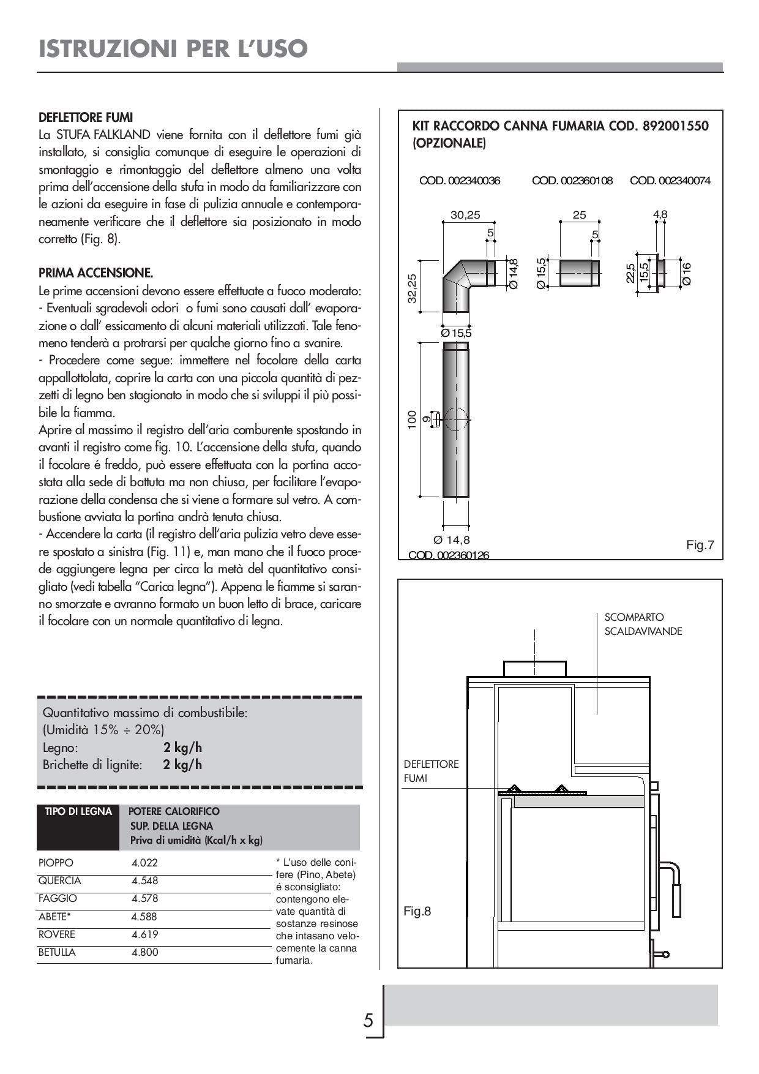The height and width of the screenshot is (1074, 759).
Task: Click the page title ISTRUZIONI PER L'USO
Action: (173, 48)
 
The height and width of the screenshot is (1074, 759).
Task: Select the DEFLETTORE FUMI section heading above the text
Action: (86, 117)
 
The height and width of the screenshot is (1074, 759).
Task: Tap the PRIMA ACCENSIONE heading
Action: (95, 272)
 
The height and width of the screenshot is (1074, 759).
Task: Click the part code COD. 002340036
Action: (459, 181)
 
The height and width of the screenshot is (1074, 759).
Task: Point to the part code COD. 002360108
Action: (572, 181)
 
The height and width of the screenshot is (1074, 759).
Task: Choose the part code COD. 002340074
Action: (670, 181)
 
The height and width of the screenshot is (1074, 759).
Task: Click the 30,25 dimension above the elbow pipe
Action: (465, 215)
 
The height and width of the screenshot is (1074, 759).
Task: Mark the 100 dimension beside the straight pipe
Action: (412, 419)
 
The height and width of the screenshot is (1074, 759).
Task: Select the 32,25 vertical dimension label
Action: (412, 288)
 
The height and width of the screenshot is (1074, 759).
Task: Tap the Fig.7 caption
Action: (700, 544)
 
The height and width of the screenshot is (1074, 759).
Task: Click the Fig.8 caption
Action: (417, 911)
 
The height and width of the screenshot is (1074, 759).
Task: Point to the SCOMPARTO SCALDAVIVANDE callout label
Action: (643, 624)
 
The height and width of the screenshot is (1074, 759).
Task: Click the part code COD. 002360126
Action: (449, 555)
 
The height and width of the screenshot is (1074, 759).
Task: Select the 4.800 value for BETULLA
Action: (144, 952)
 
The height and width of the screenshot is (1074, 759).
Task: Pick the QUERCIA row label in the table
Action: (59, 881)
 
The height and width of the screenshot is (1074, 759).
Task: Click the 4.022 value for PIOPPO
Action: (144, 863)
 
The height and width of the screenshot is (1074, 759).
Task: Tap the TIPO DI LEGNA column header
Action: (78, 811)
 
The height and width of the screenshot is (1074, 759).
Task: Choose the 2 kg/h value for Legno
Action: (182, 747)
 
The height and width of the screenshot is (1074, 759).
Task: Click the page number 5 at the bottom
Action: (368, 1021)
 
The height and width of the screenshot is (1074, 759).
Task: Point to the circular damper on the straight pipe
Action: (455, 419)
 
